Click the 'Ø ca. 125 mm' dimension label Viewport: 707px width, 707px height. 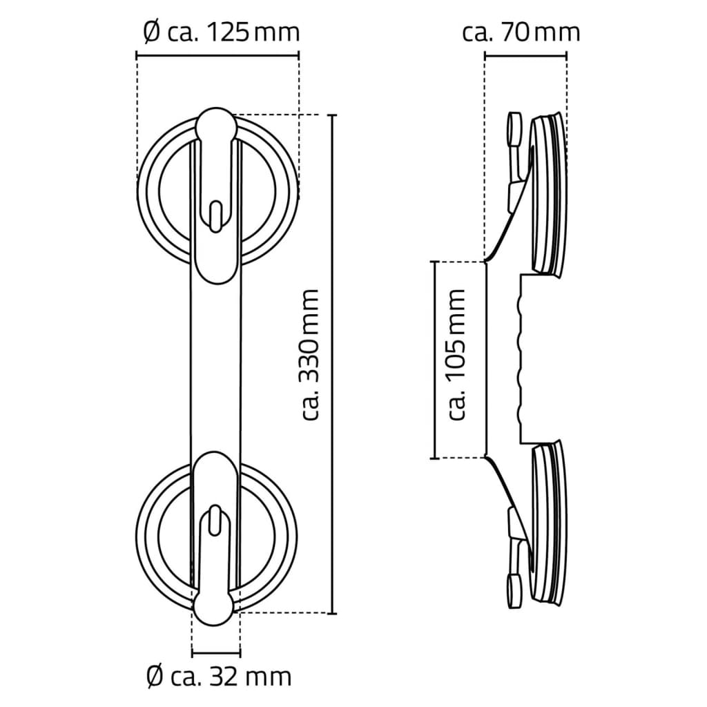tap(220, 32)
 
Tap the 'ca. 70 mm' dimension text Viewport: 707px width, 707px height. tap(521, 32)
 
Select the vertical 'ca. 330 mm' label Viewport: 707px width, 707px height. tap(310, 354)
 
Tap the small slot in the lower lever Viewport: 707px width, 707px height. tap(215, 519)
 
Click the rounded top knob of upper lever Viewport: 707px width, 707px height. tap(215, 125)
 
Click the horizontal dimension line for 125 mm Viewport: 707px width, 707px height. tap(217, 55)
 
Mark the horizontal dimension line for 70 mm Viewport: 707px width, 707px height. tap(525, 55)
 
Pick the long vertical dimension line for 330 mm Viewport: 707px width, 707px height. tap(333, 364)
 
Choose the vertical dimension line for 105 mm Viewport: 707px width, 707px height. tap(434, 359)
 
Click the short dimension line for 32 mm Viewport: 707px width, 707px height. tap(216, 652)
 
